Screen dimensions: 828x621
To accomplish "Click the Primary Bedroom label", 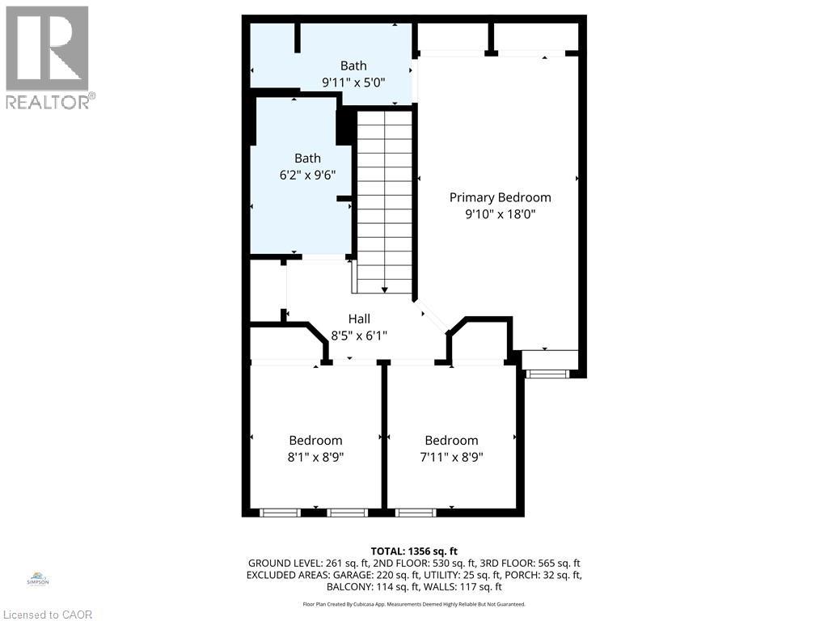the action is click(500, 197).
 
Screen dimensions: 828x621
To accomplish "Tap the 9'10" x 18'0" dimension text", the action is click(500, 213).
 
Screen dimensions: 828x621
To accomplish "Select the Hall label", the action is click(359, 319).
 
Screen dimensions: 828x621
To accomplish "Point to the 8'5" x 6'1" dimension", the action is click(359, 336).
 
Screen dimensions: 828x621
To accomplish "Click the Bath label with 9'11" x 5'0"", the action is click(353, 66).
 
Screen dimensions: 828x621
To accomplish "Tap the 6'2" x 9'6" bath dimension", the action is click(308, 175).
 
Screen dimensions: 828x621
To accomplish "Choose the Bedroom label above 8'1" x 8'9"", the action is click(316, 441).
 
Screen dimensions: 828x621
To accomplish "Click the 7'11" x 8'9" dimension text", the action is click(451, 457).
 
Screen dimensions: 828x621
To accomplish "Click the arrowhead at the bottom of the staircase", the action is click(384, 289).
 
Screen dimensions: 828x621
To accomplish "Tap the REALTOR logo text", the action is click(51, 101).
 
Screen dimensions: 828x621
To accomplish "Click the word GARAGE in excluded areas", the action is click(353, 575).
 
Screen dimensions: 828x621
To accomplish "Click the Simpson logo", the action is click(38, 579).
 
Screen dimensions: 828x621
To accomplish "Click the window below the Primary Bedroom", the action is click(547, 374).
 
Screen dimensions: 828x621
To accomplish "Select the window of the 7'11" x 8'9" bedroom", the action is click(416, 512).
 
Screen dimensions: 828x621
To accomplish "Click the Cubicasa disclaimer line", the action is click(414, 604).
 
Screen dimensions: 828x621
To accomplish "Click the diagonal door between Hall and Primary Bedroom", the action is click(430, 316).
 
